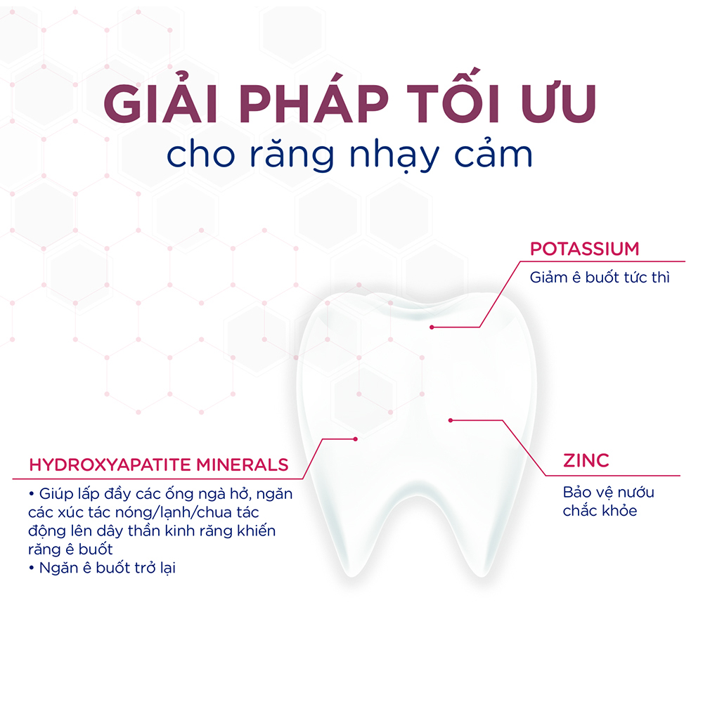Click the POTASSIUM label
584,249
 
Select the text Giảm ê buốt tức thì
600,277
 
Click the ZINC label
586,461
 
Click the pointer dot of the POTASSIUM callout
432,327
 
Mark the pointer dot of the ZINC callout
451,420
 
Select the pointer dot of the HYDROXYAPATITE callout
356,438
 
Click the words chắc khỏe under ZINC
600,511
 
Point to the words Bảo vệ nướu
608,492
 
